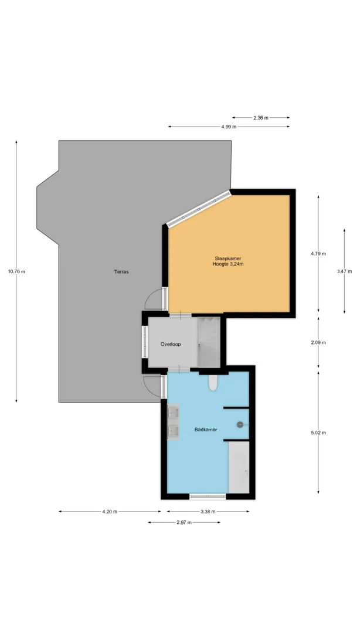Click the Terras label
(121, 271)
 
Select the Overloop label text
(171, 344)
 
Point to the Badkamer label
(206, 430)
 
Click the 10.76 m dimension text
(16, 271)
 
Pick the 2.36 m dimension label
(261, 118)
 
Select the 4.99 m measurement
(229, 127)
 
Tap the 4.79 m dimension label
(318, 253)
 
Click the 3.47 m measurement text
(345, 271)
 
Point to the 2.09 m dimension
(318, 342)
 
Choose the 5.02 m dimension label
(318, 433)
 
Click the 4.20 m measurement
(110, 512)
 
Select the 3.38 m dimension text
(208, 512)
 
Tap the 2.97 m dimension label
(184, 522)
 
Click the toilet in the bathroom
(213, 382)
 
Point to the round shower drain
(240, 424)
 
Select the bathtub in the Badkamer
(239, 467)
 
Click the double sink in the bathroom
(173, 422)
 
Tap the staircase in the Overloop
(209, 342)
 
